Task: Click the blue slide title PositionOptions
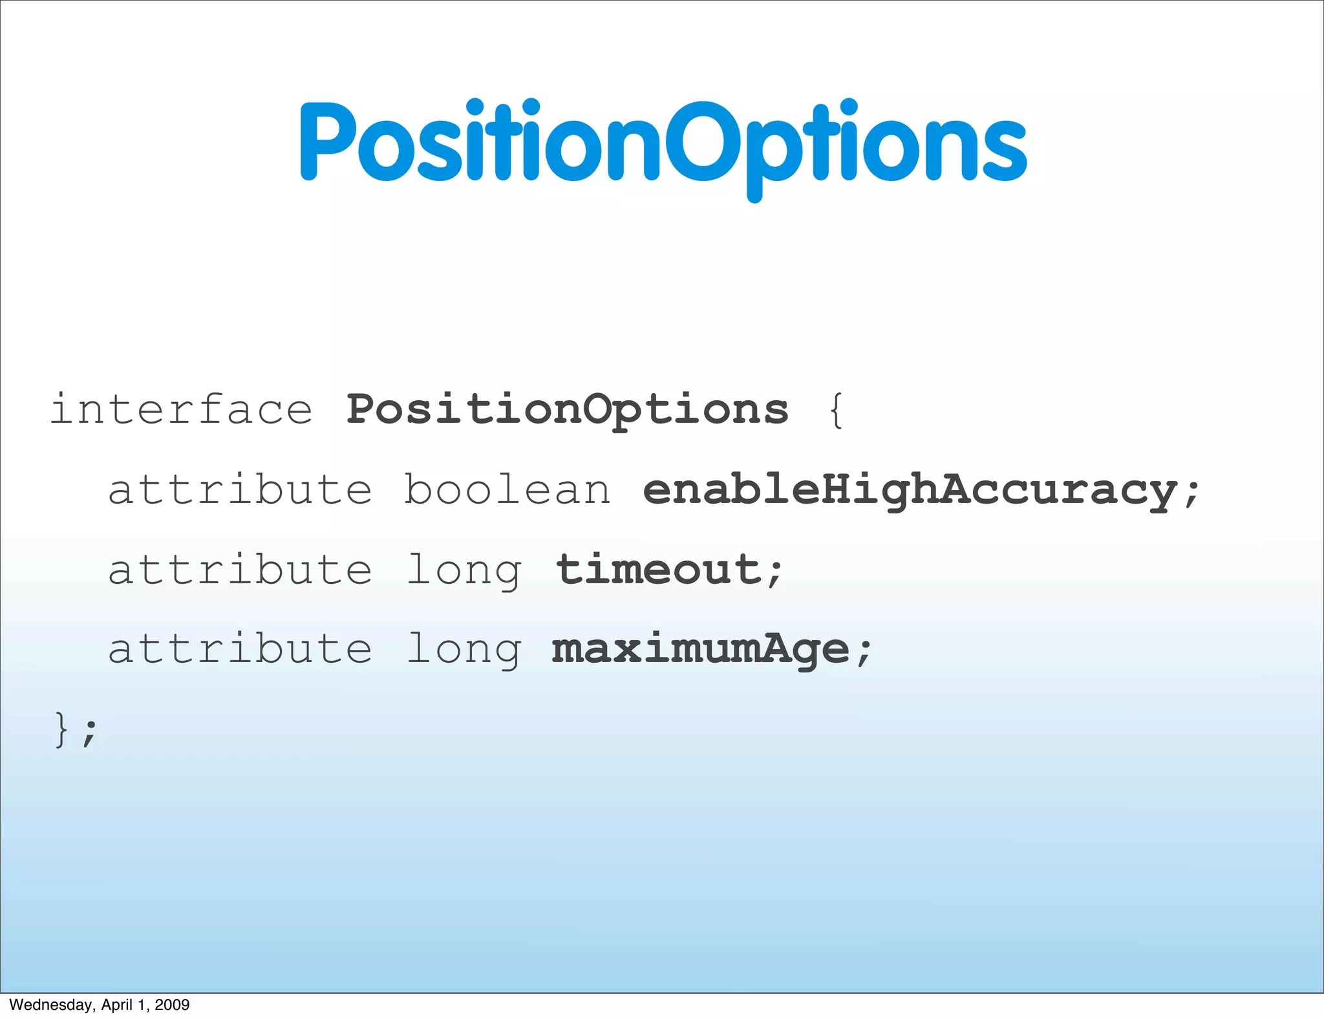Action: (663, 142)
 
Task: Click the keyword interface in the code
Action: (182, 410)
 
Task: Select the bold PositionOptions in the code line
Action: (567, 410)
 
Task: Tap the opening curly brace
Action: (836, 410)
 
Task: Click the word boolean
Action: (507, 490)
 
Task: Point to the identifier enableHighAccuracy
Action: (909, 490)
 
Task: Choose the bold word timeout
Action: (658, 570)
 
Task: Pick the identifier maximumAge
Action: (700, 649)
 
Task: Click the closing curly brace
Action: (62, 729)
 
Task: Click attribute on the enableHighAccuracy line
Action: (240, 490)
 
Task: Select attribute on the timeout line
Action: (240, 570)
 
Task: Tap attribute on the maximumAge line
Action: (240, 649)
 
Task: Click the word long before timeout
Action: (463, 571)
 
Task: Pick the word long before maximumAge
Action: (463, 650)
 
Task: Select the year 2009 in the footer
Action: (172, 1005)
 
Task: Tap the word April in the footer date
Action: (117, 1005)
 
